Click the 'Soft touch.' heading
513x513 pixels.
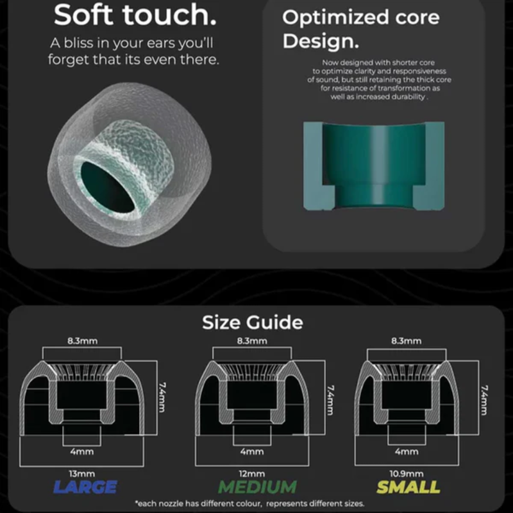[135, 15]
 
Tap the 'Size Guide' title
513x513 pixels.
[253, 323]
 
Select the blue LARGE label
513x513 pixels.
[85, 487]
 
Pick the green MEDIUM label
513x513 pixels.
[257, 487]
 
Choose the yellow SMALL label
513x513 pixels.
[408, 487]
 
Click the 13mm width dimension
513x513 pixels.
[82, 473]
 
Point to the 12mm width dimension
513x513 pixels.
[252, 473]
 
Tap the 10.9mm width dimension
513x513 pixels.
[407, 473]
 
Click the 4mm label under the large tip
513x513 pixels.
[82, 451]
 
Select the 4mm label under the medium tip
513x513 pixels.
[252, 451]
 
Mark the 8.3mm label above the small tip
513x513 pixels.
[407, 341]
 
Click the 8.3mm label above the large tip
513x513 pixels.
[83, 341]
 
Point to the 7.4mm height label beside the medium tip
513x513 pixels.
[330, 399]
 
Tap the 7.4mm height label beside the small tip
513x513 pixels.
[484, 399]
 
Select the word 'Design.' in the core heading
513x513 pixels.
[321, 42]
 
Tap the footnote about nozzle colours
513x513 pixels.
[249, 503]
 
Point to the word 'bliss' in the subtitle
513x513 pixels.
[78, 43]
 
